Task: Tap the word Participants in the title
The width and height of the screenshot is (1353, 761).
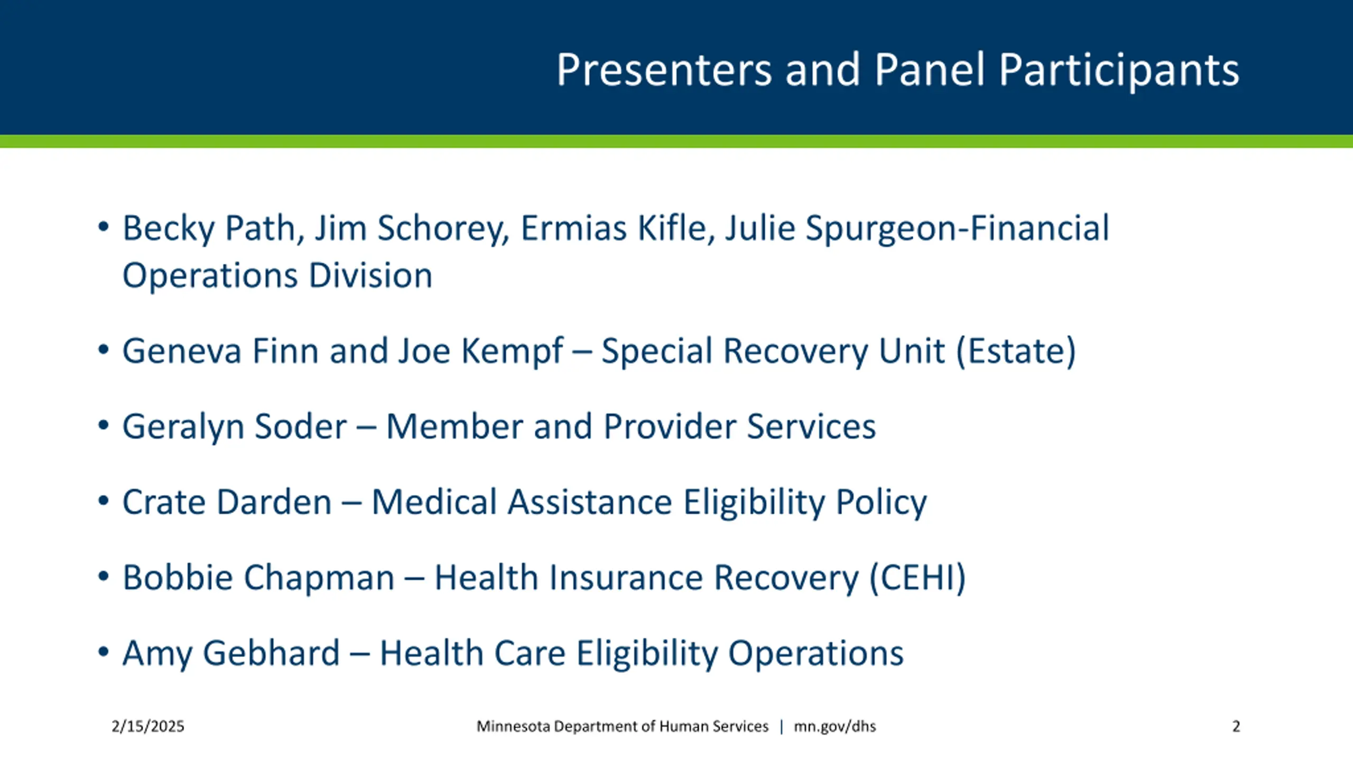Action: click(x=1119, y=70)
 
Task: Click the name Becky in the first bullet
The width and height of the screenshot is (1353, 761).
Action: click(x=169, y=228)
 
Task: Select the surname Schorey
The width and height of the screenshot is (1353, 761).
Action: click(x=443, y=228)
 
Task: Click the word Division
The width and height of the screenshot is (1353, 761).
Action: click(x=370, y=275)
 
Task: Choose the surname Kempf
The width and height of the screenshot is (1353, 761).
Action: click(x=512, y=351)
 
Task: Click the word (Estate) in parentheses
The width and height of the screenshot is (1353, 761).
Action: click(x=1016, y=351)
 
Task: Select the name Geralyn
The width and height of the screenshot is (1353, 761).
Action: click(x=182, y=426)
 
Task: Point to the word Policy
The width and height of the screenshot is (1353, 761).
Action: click(x=881, y=502)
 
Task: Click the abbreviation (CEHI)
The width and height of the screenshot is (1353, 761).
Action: click(x=918, y=578)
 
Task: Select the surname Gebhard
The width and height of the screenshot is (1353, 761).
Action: click(x=271, y=653)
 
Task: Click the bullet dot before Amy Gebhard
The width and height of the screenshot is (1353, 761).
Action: click(x=104, y=652)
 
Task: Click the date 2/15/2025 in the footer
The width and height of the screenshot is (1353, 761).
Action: click(x=148, y=727)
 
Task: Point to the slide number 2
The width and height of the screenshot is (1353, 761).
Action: click(x=1236, y=727)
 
